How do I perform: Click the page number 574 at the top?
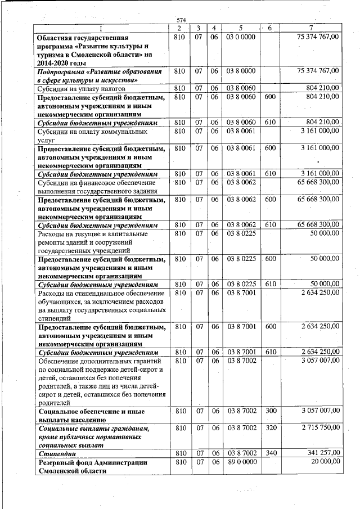(181, 20)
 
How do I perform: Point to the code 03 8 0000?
(241, 71)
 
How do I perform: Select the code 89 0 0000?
(241, 462)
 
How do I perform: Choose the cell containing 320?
(271, 429)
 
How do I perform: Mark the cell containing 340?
(271, 453)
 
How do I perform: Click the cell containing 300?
(271, 411)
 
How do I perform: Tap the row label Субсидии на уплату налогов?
(80, 88)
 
